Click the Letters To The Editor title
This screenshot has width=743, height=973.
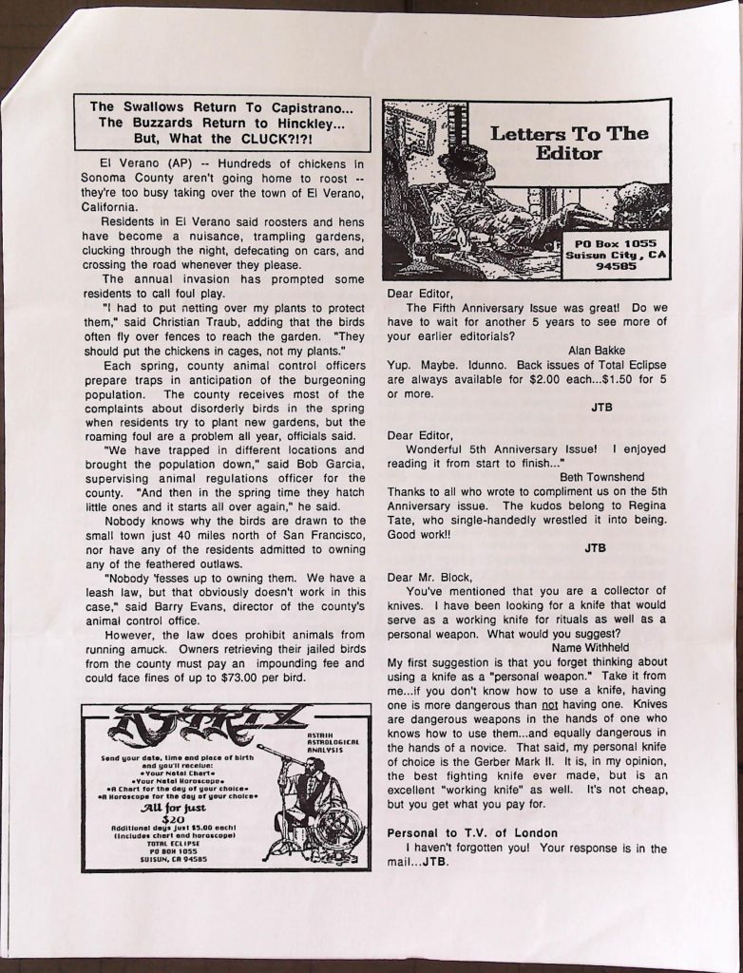coord(569,143)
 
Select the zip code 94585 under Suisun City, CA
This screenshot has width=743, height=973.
coord(616,267)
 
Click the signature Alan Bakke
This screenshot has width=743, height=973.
coord(596,351)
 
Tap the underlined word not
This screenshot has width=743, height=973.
coord(548,704)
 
